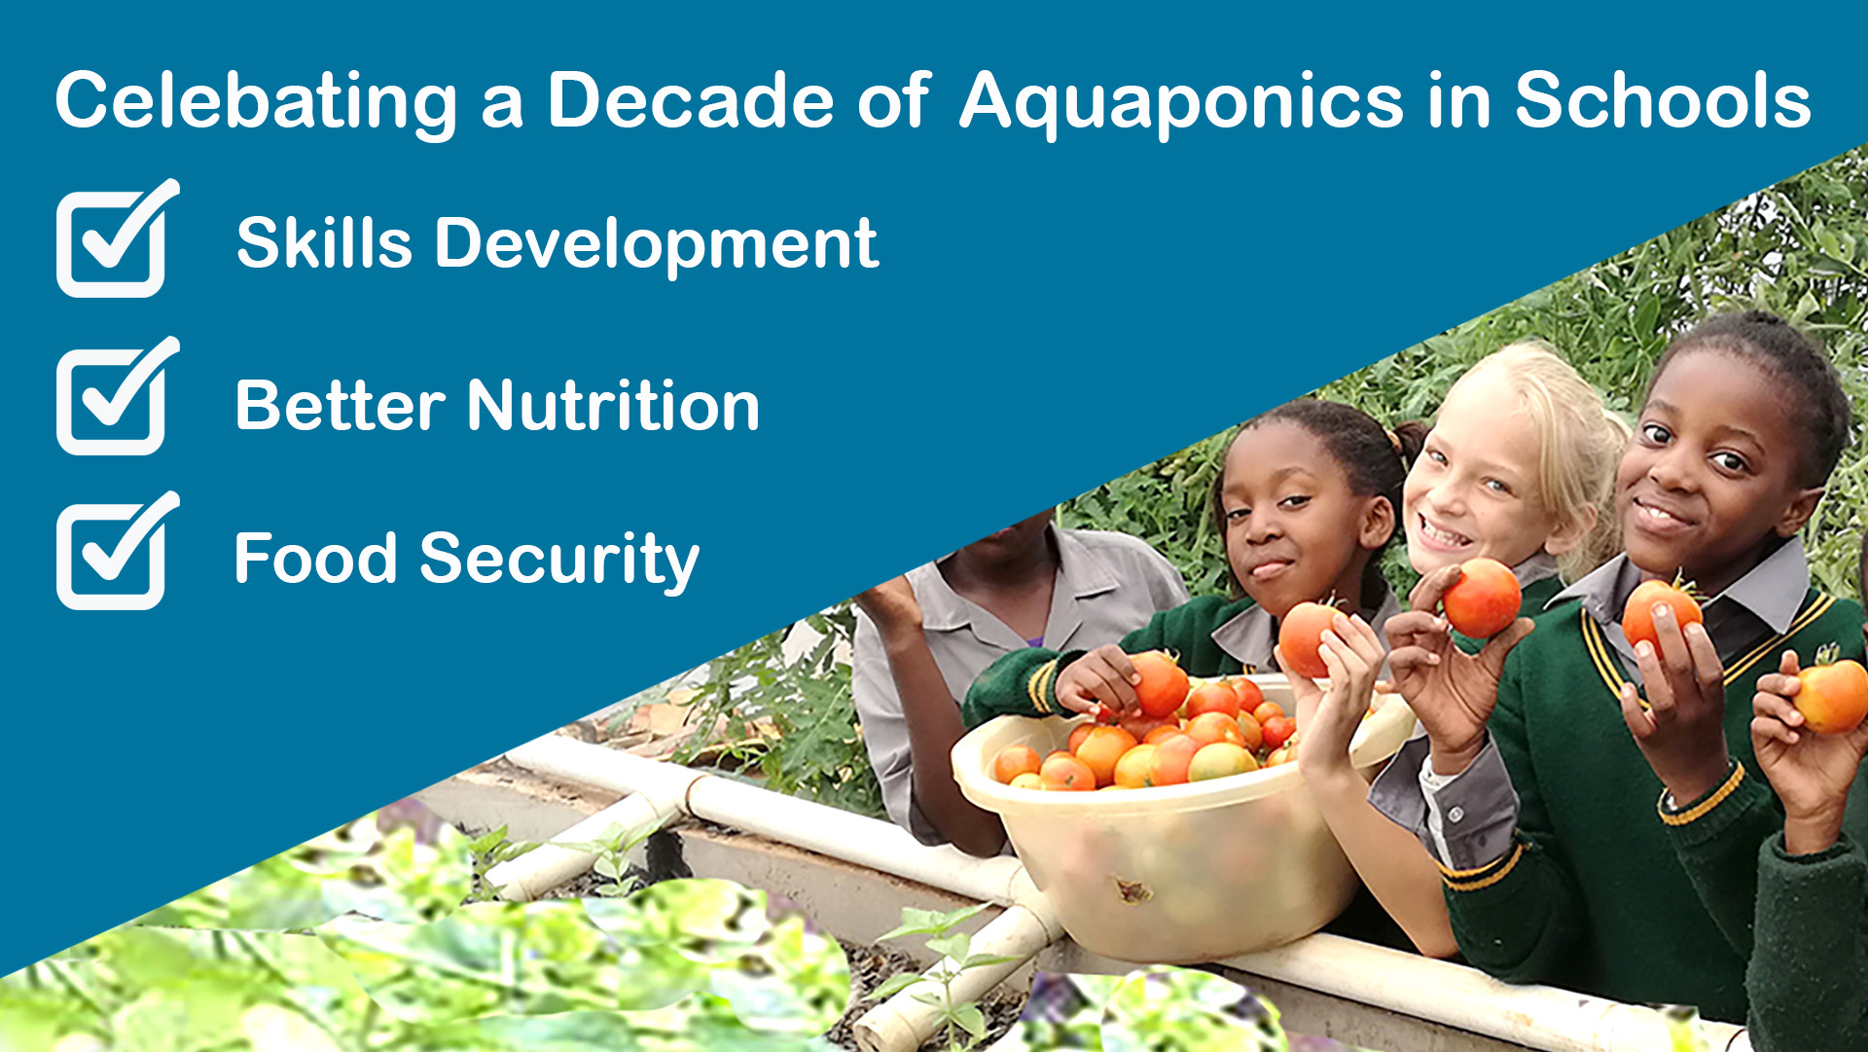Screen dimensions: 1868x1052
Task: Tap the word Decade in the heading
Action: pos(690,99)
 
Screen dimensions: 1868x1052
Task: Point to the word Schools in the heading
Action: pos(1663,99)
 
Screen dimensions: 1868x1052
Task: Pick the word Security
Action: pos(559,562)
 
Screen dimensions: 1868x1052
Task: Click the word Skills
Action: pos(325,241)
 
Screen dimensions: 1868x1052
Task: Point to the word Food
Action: pos(316,559)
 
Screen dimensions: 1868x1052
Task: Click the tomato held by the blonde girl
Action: pos(1481,597)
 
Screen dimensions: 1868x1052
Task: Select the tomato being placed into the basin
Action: pos(1158,684)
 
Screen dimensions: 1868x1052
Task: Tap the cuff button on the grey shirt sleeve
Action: pos(1455,814)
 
